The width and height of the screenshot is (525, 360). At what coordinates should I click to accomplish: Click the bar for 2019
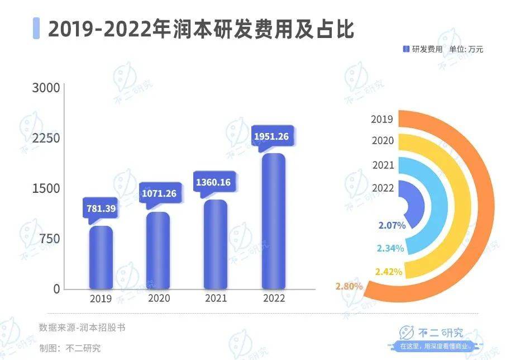(x=101, y=257)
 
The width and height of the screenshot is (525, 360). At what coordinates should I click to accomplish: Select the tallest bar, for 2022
(x=274, y=221)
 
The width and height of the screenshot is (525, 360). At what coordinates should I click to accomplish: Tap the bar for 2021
(x=215, y=244)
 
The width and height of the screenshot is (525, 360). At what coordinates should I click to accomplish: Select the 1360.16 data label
(x=215, y=182)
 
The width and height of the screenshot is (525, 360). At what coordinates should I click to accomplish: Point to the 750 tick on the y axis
(x=50, y=239)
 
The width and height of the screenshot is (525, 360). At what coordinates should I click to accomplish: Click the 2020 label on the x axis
(x=159, y=298)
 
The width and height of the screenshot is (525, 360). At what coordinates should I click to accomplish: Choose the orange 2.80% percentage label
(x=349, y=286)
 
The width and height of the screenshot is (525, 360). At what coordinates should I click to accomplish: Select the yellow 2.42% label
(x=389, y=272)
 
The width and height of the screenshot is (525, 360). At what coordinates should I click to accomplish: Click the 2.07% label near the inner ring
(x=392, y=225)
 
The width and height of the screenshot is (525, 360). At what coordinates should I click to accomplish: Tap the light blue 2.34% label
(x=390, y=248)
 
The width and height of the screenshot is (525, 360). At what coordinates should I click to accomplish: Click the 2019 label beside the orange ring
(x=383, y=119)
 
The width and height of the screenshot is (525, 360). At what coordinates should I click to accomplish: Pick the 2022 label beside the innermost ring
(x=383, y=188)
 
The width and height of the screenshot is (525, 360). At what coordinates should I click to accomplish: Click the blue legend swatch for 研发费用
(x=406, y=49)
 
